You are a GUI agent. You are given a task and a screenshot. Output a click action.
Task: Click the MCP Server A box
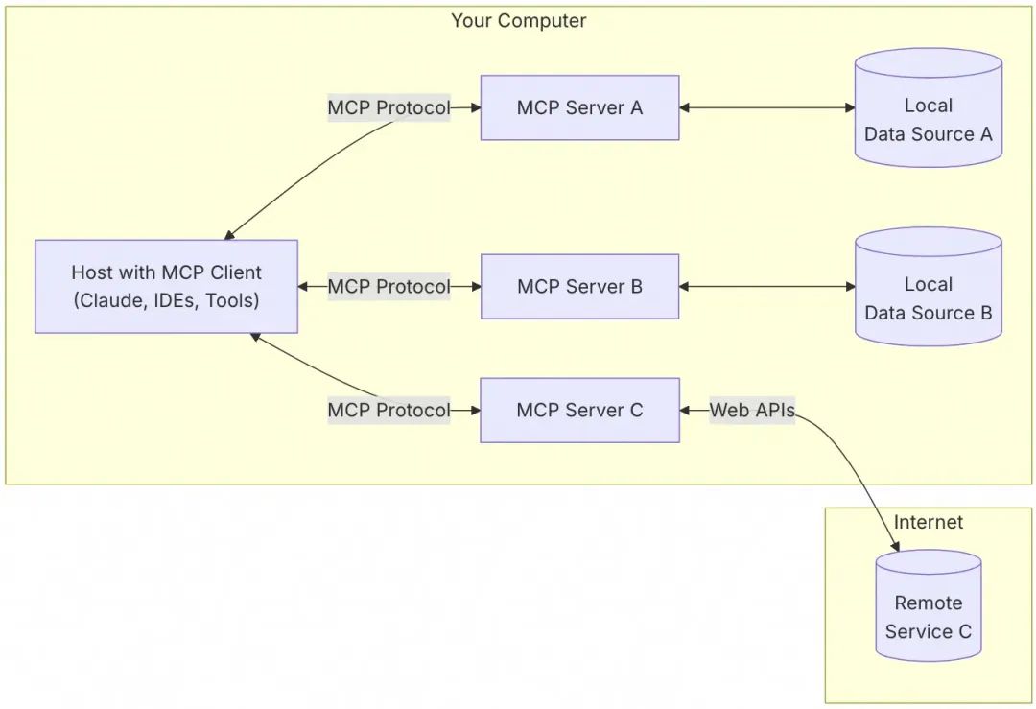[579, 107]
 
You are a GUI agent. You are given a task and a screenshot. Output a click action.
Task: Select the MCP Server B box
[579, 286]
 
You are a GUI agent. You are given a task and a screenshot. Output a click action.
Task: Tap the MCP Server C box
[579, 410]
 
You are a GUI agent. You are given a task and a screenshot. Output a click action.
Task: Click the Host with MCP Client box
[166, 286]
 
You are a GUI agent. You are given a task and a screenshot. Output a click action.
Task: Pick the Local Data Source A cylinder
[928, 113]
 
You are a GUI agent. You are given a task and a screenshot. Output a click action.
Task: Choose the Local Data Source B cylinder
[928, 292]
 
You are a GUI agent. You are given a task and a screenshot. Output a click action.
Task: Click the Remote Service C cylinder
[928, 610]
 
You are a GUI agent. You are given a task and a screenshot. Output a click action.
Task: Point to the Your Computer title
[518, 20]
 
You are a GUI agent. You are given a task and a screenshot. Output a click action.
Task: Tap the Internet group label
[928, 522]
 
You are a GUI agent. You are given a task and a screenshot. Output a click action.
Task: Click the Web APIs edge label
[752, 411]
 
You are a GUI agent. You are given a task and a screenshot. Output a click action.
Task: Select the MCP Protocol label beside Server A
[388, 107]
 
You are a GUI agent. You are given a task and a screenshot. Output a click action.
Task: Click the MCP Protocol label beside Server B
[388, 286]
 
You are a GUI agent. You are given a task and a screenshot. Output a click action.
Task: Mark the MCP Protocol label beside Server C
[388, 410]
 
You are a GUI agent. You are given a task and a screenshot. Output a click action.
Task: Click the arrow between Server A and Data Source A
[766, 107]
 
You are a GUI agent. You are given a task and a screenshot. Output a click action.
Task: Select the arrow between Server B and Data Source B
[766, 286]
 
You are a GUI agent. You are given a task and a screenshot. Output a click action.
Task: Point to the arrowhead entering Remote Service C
[896, 548]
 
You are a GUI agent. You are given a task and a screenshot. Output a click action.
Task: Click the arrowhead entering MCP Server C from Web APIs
[685, 411]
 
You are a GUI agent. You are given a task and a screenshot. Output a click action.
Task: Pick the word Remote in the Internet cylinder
[928, 603]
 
